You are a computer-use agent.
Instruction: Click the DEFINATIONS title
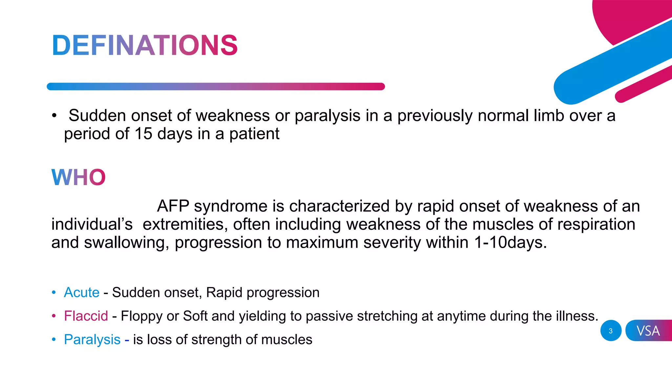tap(145, 45)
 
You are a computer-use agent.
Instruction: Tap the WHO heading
tap(78, 178)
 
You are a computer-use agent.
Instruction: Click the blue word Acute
tap(81, 292)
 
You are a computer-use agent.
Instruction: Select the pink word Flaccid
tap(86, 316)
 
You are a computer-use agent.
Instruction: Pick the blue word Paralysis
tap(92, 340)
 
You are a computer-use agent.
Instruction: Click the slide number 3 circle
tap(611, 331)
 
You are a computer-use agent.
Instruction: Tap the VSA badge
tap(648, 331)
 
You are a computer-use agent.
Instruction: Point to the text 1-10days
tap(510, 243)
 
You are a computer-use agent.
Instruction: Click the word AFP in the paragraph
tap(173, 206)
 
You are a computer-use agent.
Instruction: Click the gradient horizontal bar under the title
tap(216, 87)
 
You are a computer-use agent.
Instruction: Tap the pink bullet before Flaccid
tap(54, 316)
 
